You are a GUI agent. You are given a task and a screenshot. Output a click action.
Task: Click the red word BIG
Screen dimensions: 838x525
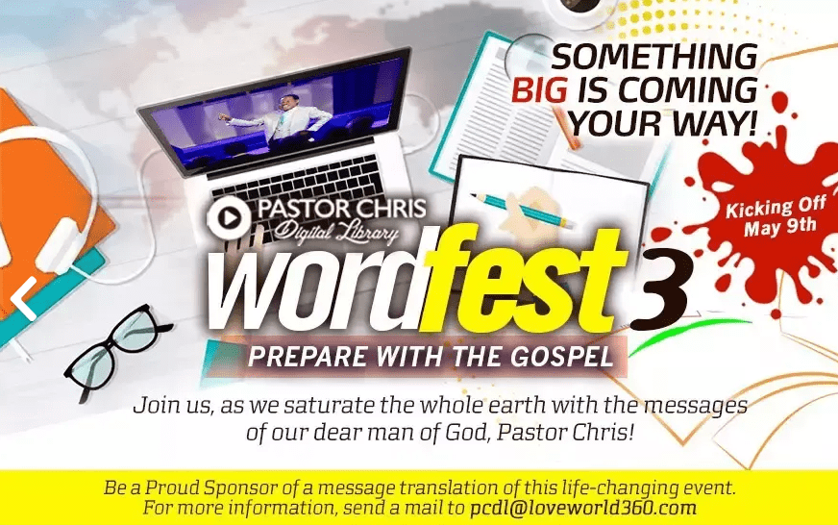point(539,89)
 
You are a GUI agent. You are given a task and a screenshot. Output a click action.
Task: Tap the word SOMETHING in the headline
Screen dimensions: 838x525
point(654,56)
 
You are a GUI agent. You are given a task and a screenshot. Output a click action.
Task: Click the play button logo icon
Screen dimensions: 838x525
point(230,217)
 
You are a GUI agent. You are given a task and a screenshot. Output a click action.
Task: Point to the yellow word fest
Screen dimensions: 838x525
point(524,278)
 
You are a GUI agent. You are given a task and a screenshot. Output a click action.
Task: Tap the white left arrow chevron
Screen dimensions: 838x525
point(23,299)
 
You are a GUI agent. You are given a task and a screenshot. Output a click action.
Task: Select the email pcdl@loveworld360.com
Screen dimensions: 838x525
point(583,508)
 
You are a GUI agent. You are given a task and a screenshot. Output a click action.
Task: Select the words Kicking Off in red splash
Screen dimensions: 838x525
point(776,207)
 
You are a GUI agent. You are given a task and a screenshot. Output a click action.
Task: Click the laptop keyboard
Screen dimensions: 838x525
point(299,185)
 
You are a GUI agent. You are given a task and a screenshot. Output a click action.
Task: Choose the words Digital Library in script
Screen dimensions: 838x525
point(336,232)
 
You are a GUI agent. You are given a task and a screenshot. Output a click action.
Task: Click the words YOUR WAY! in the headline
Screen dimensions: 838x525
point(663,123)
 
